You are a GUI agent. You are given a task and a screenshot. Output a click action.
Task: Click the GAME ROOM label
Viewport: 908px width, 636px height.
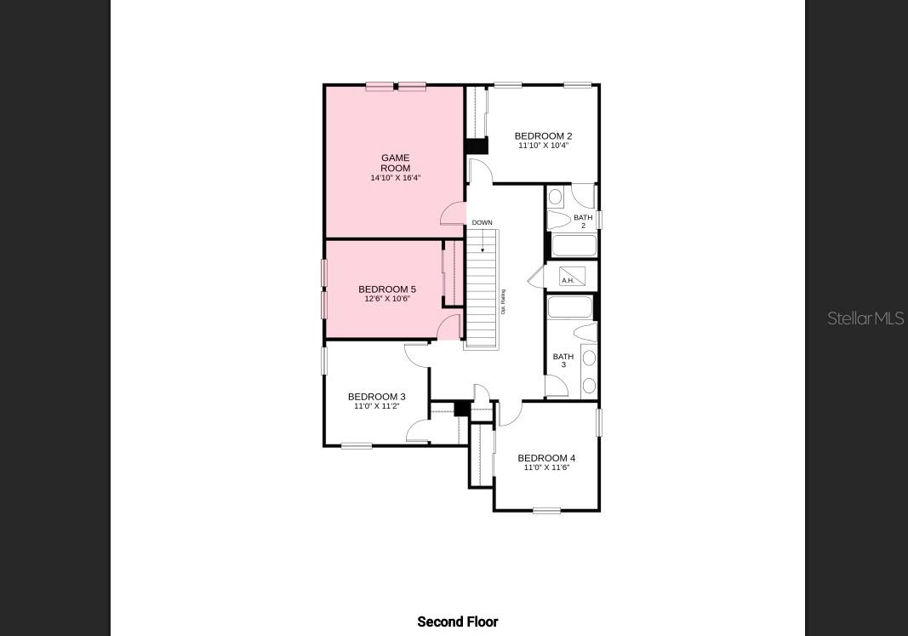[x=395, y=163]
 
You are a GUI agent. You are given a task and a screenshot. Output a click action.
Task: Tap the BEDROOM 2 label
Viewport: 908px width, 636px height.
[x=543, y=136]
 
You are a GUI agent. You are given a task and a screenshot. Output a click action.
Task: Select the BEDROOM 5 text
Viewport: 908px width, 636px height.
[x=387, y=289]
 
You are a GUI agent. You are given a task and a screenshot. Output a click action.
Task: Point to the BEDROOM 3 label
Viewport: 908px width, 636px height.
[x=376, y=397]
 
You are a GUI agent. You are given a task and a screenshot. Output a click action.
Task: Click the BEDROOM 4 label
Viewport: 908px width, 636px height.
[x=546, y=458]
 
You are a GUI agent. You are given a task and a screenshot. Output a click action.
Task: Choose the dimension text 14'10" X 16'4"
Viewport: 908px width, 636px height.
[x=395, y=178]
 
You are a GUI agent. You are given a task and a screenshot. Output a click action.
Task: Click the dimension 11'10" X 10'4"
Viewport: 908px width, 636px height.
[x=543, y=146]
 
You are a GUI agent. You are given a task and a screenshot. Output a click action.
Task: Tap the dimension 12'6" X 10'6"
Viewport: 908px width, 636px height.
[x=387, y=299]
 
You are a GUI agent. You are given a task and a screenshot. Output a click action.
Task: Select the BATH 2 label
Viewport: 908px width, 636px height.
[x=583, y=221]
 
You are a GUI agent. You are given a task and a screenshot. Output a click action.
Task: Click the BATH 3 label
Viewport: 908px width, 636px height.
[x=563, y=360]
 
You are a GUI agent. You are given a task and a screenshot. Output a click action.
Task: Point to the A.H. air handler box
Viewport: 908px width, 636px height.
[x=572, y=277]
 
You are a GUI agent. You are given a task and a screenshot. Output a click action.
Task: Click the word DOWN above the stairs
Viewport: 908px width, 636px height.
[x=482, y=223]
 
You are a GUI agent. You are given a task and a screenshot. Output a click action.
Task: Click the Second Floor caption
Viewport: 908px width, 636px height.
[x=458, y=622]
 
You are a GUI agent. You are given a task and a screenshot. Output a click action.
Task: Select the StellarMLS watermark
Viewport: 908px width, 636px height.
[x=865, y=318]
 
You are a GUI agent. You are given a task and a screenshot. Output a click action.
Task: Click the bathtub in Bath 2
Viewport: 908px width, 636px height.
[x=574, y=246]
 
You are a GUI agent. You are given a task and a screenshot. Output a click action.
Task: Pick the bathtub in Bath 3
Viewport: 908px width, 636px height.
[x=570, y=307]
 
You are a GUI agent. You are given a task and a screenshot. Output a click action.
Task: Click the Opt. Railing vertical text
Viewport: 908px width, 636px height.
[x=503, y=302]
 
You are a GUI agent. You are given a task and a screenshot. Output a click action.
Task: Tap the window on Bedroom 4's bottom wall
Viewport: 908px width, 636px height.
[x=546, y=510]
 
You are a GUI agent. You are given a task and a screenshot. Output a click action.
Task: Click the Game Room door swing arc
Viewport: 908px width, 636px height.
[x=452, y=214]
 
